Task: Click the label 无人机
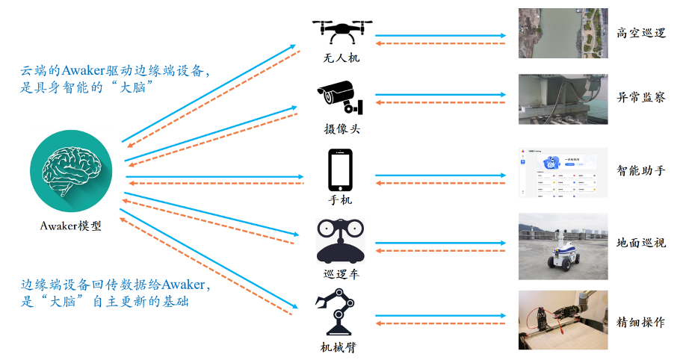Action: (x=342, y=58)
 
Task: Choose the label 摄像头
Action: (x=342, y=129)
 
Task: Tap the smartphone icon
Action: (x=341, y=170)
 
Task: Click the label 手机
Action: (x=341, y=200)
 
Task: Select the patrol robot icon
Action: (x=341, y=240)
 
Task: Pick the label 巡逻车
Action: (x=341, y=273)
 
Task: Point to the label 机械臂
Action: (x=341, y=346)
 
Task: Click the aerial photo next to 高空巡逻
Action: (x=563, y=34)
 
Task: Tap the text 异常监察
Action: (x=641, y=98)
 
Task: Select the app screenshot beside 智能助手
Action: (x=563, y=172)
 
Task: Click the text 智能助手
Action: (x=641, y=170)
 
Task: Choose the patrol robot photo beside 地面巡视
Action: (x=563, y=243)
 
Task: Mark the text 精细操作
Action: (x=641, y=323)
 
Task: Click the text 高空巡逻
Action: (x=641, y=34)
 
